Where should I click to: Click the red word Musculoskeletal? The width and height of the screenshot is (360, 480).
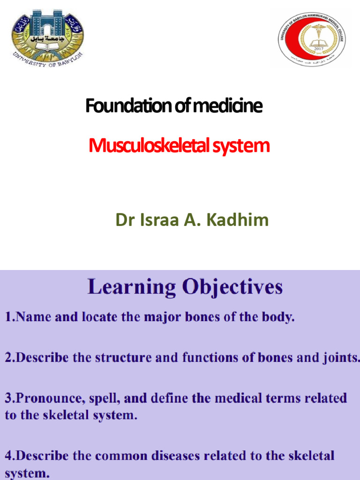click(149, 146)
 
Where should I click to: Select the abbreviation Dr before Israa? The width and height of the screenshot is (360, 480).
click(125, 219)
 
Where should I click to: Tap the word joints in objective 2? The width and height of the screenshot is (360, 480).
click(342, 358)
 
